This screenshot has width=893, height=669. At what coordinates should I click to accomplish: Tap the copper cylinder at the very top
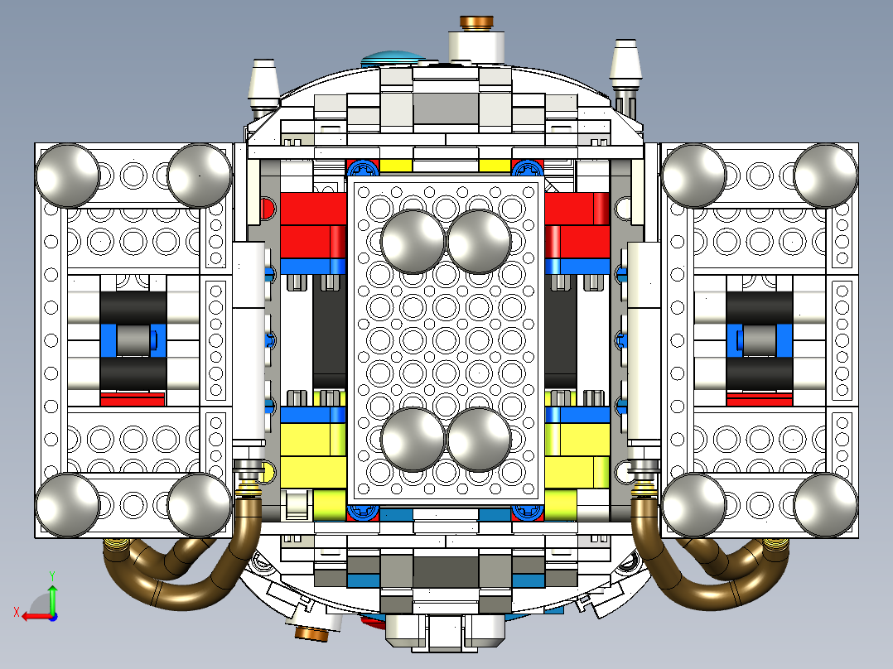coord(476,22)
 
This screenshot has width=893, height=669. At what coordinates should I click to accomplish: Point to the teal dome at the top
coord(391,58)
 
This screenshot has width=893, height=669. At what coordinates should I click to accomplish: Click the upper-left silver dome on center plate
coord(413,241)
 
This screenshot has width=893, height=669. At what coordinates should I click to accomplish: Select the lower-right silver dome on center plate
coord(478,439)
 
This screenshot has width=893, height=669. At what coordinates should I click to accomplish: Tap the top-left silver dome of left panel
coord(66,175)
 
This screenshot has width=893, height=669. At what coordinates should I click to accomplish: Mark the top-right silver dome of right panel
coord(826,175)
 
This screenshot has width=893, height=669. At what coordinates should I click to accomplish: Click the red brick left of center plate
coord(313,225)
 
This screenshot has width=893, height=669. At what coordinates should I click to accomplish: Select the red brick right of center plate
coord(577,225)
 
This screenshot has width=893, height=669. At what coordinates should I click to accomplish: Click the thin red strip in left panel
coord(133,399)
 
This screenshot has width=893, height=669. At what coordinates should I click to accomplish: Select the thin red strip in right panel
coord(760,399)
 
